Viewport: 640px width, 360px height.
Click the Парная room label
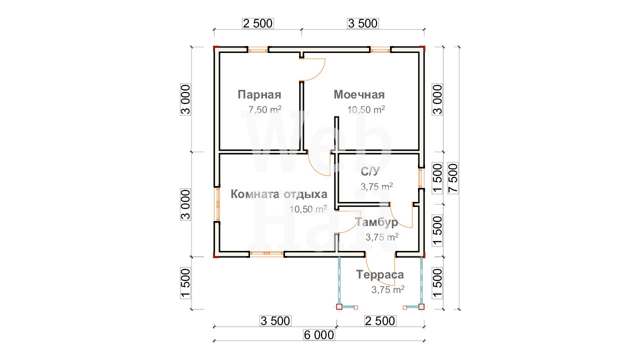point(259,95)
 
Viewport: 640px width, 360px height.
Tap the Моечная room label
point(359,95)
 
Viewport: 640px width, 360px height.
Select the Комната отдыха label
point(279,194)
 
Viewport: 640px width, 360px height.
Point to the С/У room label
point(370,171)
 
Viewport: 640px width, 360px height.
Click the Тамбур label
point(376,222)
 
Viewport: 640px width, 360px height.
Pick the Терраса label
point(380,274)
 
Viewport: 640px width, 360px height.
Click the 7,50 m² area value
point(265,109)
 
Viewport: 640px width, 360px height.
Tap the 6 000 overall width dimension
point(319,335)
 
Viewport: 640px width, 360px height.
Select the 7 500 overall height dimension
point(453,178)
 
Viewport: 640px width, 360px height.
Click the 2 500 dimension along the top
point(257,23)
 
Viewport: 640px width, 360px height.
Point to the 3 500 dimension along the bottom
point(275,321)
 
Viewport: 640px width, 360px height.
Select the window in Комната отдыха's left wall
point(217,204)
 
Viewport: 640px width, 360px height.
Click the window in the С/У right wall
point(420,178)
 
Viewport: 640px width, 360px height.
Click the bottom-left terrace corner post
point(339,307)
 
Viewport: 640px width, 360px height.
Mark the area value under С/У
point(376,186)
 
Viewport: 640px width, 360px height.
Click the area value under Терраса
point(387,289)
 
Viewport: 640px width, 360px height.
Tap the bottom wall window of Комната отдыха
point(266,253)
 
